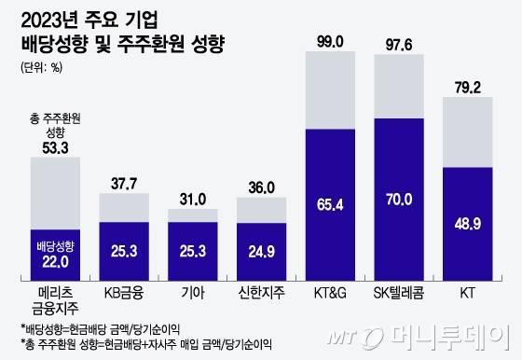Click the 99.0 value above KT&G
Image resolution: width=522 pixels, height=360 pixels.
[x=331, y=41]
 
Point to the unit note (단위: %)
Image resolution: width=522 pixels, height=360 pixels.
[x=42, y=66]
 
